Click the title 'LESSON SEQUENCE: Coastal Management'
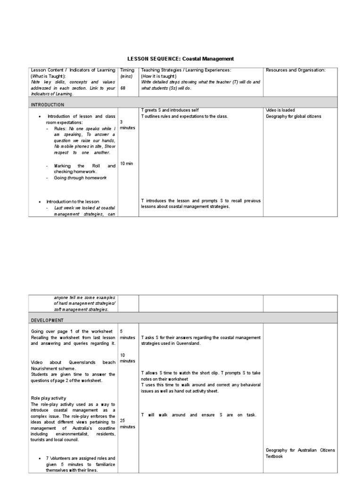[181, 59]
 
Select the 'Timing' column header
[127, 70]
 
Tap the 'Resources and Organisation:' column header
[296, 70]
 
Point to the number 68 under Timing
[123, 88]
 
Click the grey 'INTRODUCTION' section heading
[48, 104]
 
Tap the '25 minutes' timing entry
[128, 423]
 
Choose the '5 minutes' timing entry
[128, 335]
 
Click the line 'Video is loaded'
[280, 110]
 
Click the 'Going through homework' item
[80, 178]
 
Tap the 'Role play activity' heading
[49, 398]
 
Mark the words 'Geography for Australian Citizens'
[300, 450]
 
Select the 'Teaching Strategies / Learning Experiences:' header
[186, 70]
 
